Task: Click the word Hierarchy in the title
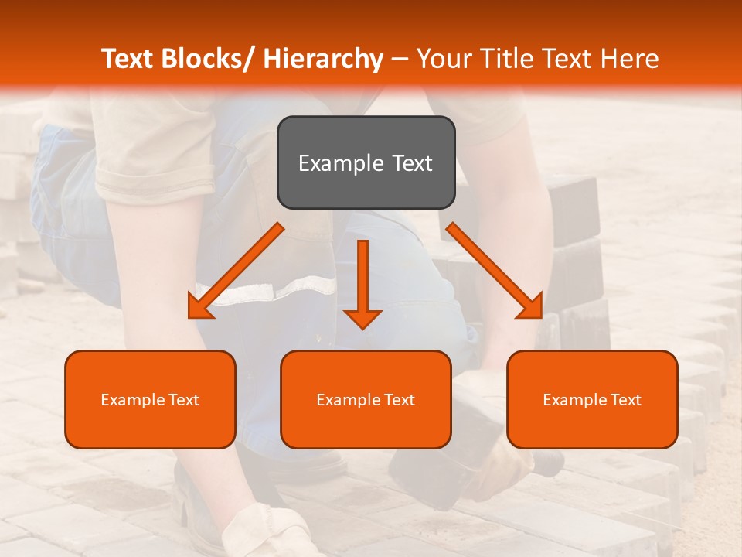coord(323,59)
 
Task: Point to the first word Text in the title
coord(128,59)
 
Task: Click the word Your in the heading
coord(442,59)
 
